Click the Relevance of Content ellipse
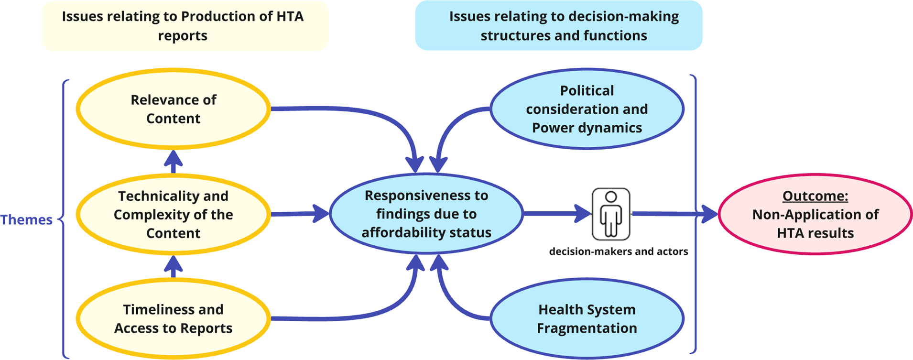point(173,109)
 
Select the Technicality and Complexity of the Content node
point(173,214)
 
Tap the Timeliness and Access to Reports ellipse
point(173,319)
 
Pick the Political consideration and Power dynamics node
point(587,109)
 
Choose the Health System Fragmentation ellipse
point(587,319)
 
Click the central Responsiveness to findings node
point(426,214)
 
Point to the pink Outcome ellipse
point(815,214)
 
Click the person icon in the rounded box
point(611,214)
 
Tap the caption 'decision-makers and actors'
point(619,251)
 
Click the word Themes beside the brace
point(26,220)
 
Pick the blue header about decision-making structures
point(558,26)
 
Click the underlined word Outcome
point(815,196)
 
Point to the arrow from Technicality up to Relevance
point(173,162)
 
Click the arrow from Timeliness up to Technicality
point(173,266)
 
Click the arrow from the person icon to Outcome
point(674,214)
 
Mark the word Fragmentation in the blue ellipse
point(587,328)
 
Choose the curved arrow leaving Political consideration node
point(454,127)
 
